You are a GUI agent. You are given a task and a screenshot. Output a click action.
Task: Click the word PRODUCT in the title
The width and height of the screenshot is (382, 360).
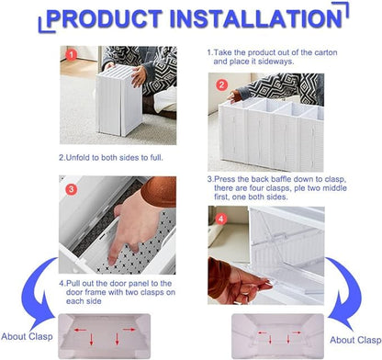click(x=107, y=17)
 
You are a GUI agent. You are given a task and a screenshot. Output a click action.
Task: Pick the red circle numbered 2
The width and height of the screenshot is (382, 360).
click(x=221, y=84)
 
